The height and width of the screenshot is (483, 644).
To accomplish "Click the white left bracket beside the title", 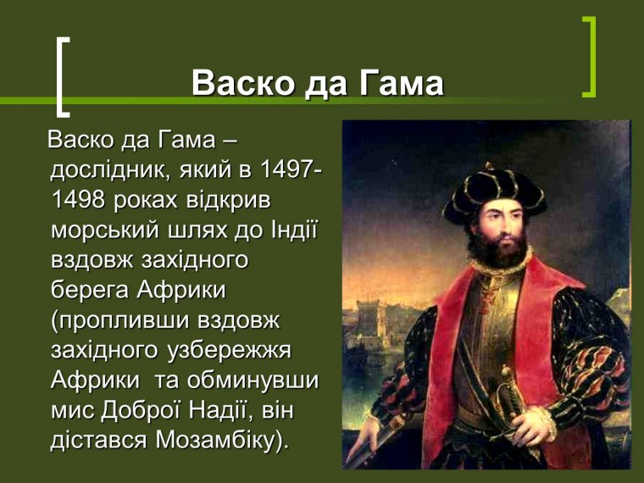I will click(62, 75).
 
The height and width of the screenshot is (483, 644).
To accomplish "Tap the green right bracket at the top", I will click(590, 56).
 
